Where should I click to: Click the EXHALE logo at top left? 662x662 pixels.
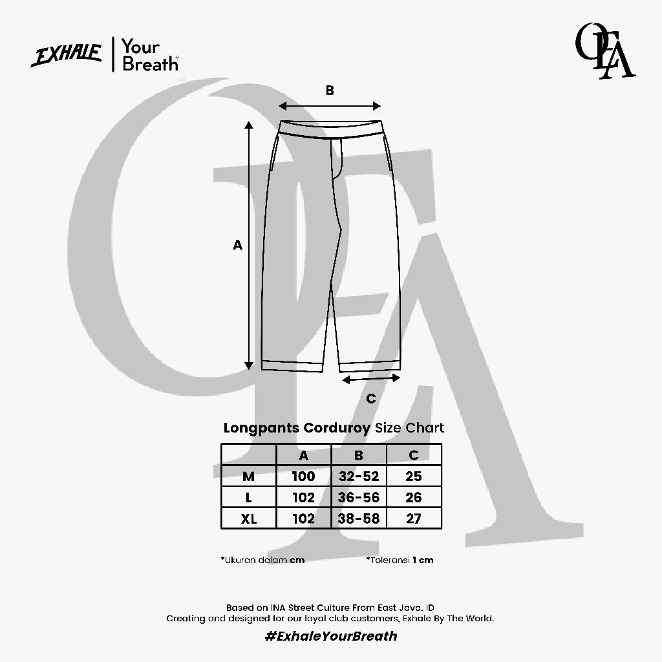[67, 55]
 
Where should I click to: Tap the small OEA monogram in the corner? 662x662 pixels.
[605, 51]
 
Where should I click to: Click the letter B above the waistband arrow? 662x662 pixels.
[330, 91]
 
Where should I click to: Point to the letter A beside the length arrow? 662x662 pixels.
[238, 245]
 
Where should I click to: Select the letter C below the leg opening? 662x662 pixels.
[370, 398]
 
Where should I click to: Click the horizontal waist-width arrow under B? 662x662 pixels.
[330, 106]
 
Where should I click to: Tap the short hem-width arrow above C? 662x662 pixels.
[370, 379]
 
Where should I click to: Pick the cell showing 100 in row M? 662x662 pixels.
[304, 476]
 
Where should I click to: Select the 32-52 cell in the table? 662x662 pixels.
[359, 476]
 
